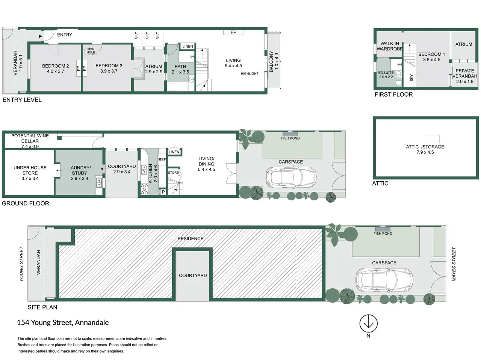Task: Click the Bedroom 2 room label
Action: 56,68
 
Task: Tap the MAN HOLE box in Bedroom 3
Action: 91,51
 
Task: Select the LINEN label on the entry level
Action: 188,47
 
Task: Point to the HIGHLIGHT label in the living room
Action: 250,74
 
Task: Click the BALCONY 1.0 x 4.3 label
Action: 274,62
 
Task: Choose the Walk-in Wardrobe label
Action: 390,46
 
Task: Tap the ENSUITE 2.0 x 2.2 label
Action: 386,74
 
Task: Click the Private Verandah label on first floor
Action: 464,76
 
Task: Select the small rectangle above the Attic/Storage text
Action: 433,139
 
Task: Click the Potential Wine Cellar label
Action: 30,141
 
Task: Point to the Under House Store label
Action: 30,173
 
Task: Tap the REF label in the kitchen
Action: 162,159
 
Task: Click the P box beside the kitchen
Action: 163,192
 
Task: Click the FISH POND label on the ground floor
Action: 290,138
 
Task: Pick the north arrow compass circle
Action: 368,323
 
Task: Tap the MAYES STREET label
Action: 454,264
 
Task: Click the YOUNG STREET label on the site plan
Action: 21,264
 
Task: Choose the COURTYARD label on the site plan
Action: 193,276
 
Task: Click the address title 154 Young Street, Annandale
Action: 63,322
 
